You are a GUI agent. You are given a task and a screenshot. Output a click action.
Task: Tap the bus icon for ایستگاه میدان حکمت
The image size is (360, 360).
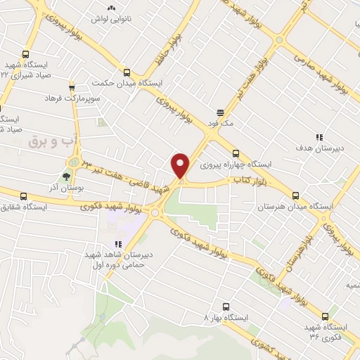click(x=127, y=72)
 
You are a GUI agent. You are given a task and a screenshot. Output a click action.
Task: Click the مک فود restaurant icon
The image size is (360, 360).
click(x=220, y=111)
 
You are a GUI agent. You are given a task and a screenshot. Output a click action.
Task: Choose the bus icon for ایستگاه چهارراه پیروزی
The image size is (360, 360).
click(x=236, y=154)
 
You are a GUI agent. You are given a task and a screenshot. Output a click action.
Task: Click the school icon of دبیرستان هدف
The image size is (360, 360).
click(x=319, y=138)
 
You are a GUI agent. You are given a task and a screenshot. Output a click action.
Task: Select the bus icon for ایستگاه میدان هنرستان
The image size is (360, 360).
click(x=295, y=196)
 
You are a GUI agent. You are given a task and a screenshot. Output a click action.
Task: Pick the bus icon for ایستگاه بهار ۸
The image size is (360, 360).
click(x=226, y=307)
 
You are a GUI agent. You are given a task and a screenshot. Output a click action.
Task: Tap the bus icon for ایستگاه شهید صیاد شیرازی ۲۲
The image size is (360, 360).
click(x=26, y=54)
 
